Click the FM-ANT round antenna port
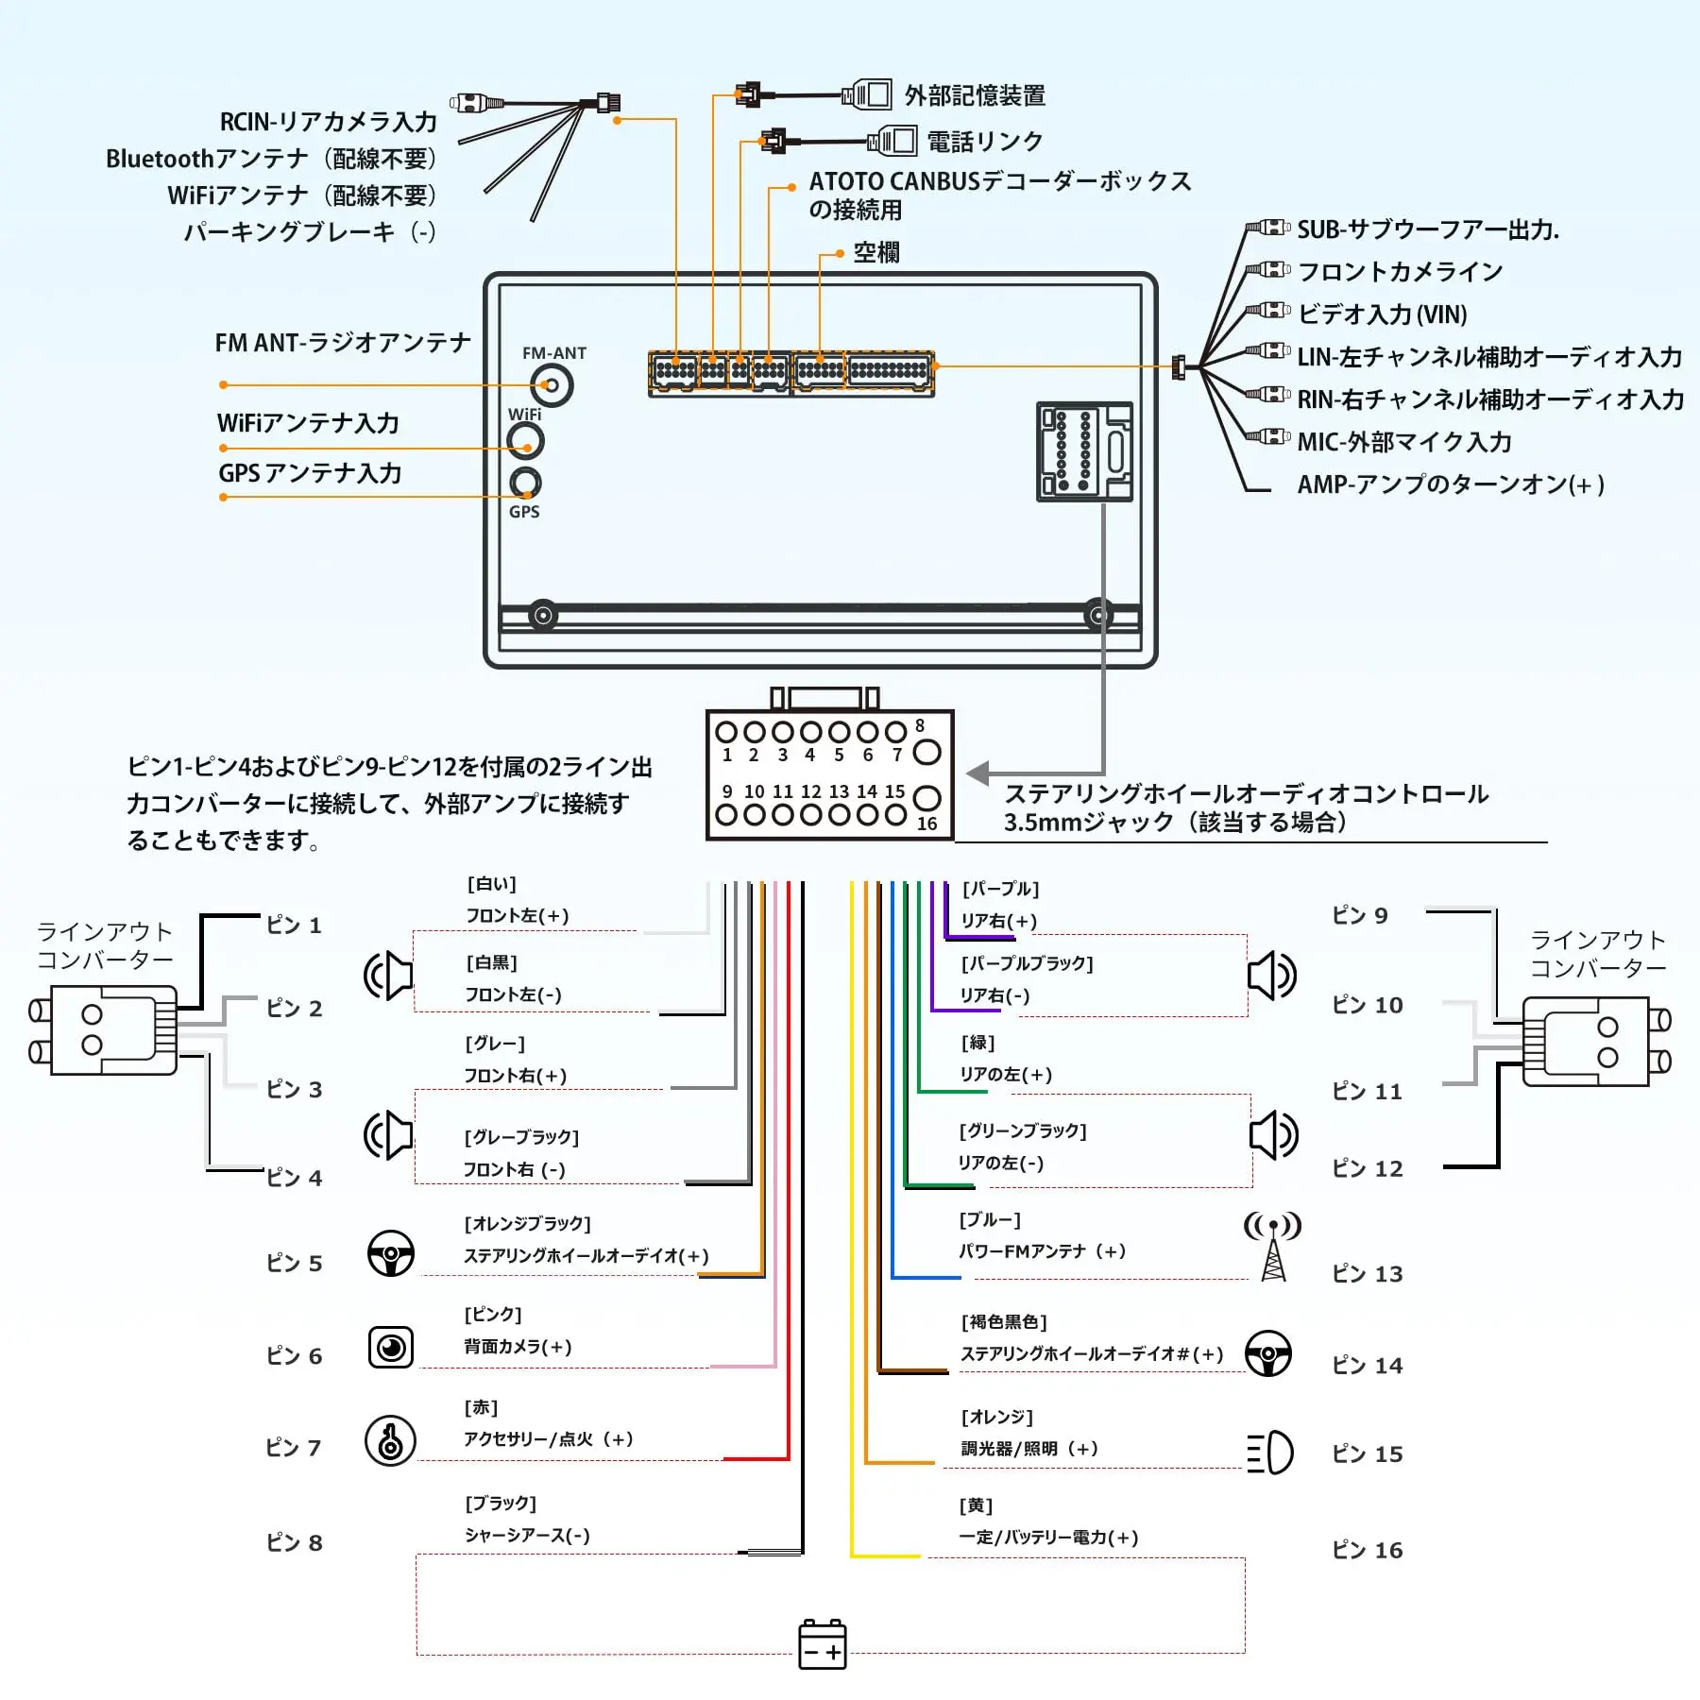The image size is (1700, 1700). click(552, 385)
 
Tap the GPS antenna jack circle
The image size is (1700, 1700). click(525, 483)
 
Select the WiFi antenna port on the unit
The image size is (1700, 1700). click(525, 440)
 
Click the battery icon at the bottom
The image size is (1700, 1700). click(823, 1644)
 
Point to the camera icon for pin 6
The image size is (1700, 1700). click(390, 1347)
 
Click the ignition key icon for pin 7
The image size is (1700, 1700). click(390, 1440)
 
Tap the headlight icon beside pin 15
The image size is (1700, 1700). click(1270, 1452)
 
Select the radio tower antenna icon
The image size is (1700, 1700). click(1273, 1246)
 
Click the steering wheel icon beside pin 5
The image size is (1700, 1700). click(390, 1253)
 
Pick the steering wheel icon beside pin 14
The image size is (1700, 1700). click(1267, 1353)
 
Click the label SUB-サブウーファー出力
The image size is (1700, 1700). click(1428, 229)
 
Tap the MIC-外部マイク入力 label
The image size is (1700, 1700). click(1404, 441)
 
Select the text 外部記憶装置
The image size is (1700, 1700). click(975, 95)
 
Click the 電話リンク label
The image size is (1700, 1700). click(985, 142)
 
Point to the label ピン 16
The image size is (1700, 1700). click(1367, 1550)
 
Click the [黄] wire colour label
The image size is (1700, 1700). click(976, 1504)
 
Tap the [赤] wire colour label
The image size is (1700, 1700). click(481, 1407)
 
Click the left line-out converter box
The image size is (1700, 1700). click(104, 1029)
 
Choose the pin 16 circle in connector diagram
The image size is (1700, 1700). click(927, 798)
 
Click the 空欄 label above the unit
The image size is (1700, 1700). click(876, 252)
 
